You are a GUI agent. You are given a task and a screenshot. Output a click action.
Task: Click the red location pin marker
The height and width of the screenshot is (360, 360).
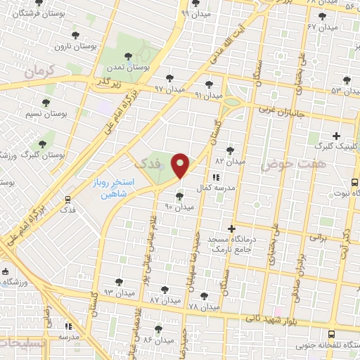[x=181, y=166]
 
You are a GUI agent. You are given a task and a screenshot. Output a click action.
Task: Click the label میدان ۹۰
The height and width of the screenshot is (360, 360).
[x=179, y=207]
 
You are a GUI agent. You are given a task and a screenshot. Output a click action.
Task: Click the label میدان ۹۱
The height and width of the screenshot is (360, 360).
[x=208, y=95]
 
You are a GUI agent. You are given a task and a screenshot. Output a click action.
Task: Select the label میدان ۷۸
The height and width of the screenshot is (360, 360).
[x=204, y=307]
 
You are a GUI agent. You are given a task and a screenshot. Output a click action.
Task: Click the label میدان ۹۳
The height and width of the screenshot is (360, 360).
[x=118, y=291]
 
